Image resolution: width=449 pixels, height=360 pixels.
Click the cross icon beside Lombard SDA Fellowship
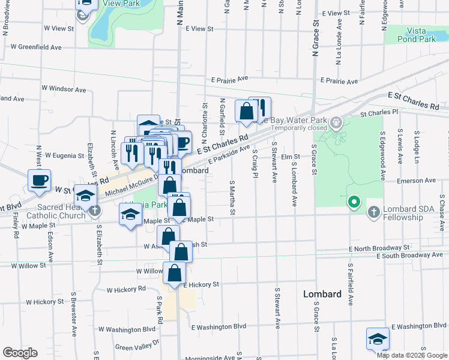point(373,212)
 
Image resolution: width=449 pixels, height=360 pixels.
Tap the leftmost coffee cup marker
point(40,181)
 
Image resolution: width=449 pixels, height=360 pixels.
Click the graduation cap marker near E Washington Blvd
point(378,339)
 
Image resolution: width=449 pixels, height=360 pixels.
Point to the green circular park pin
point(354,202)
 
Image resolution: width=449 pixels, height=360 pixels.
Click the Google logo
point(20,353)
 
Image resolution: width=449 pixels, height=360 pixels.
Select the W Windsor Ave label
point(64,88)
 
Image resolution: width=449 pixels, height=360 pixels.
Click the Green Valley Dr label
point(137,345)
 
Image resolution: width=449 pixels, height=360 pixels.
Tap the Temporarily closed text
point(299,128)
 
